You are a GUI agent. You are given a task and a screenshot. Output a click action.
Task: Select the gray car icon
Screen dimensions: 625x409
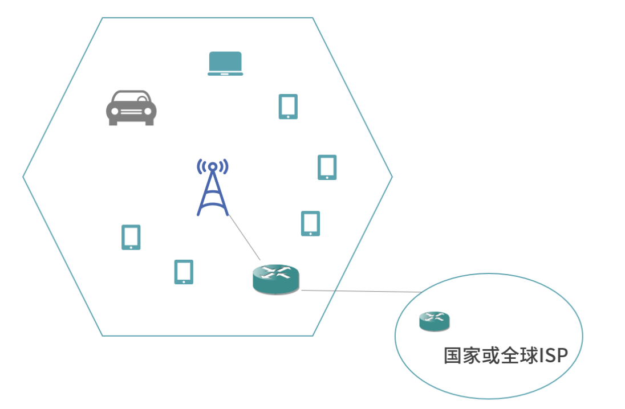pos(131,108)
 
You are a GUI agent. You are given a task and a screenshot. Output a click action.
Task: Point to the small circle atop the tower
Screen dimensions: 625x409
pos(213,166)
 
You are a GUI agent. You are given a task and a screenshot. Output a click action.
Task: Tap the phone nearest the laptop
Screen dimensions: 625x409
pos(288,107)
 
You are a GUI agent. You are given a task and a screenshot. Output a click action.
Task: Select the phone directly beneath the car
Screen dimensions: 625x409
pos(131,237)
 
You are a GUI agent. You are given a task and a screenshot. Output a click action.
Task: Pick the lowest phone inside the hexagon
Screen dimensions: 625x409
pos(184,272)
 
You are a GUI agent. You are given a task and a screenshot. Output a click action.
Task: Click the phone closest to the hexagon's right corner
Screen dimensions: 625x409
pos(327,167)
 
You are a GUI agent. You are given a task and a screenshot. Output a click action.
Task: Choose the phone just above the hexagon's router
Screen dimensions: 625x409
pos(310,223)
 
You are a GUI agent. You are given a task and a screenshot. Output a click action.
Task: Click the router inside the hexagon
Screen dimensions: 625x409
pos(275,279)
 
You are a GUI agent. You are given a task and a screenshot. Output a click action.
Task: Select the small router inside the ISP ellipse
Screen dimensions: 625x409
pos(435,321)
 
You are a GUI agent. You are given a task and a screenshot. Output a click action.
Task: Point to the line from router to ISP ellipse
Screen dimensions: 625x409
pos(359,291)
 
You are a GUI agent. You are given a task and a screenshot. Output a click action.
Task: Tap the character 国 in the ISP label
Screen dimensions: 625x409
pos(453,356)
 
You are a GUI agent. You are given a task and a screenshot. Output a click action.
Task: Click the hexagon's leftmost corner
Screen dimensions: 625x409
pos(23,177)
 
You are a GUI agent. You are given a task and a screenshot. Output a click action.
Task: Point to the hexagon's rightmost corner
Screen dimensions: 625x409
pos(392,177)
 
